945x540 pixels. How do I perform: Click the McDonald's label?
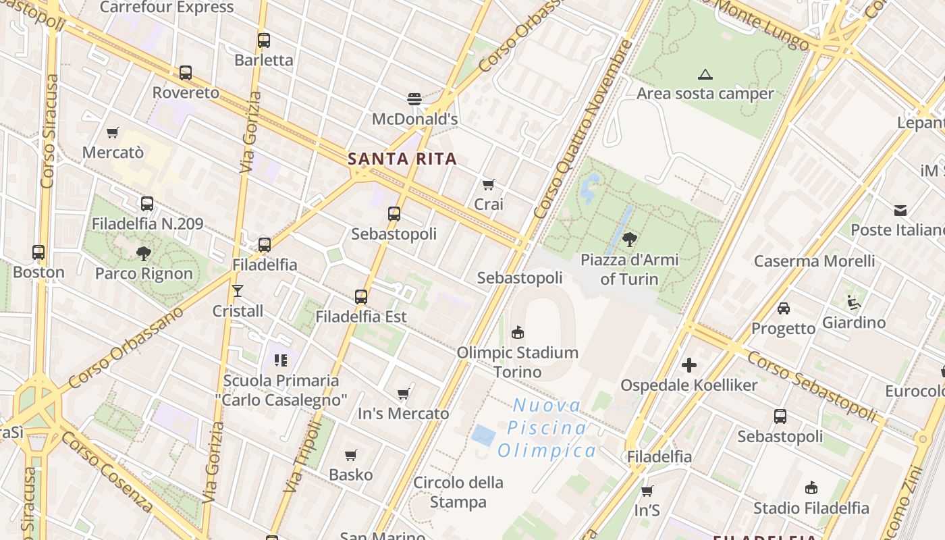pyautogui.click(x=415, y=119)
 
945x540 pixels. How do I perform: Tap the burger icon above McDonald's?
pyautogui.click(x=414, y=99)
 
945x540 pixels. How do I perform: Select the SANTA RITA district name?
pyautogui.click(x=402, y=159)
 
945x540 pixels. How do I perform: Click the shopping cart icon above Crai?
pyautogui.click(x=488, y=184)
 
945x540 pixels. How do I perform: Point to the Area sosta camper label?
pyautogui.click(x=705, y=93)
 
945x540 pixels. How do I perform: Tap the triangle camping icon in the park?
pyautogui.click(x=705, y=74)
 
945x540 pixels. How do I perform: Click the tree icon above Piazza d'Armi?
pyautogui.click(x=629, y=239)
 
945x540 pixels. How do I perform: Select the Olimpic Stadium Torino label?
pyautogui.click(x=518, y=362)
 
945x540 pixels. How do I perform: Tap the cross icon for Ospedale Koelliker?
pyautogui.click(x=688, y=365)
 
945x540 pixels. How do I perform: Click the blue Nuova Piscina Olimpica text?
pyautogui.click(x=547, y=428)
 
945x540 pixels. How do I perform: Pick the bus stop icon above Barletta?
pyautogui.click(x=263, y=40)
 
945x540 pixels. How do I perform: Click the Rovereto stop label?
pyautogui.click(x=186, y=92)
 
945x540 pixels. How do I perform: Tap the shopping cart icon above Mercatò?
pyautogui.click(x=113, y=133)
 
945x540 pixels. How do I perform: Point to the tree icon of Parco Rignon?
pyautogui.click(x=143, y=254)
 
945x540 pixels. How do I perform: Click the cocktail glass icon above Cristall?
pyautogui.click(x=238, y=291)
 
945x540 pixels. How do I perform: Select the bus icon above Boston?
pyautogui.click(x=38, y=252)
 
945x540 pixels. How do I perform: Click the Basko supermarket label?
pyautogui.click(x=351, y=475)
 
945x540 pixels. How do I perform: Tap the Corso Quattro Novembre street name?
pyautogui.click(x=584, y=128)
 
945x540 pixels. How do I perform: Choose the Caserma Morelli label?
pyautogui.click(x=814, y=261)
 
